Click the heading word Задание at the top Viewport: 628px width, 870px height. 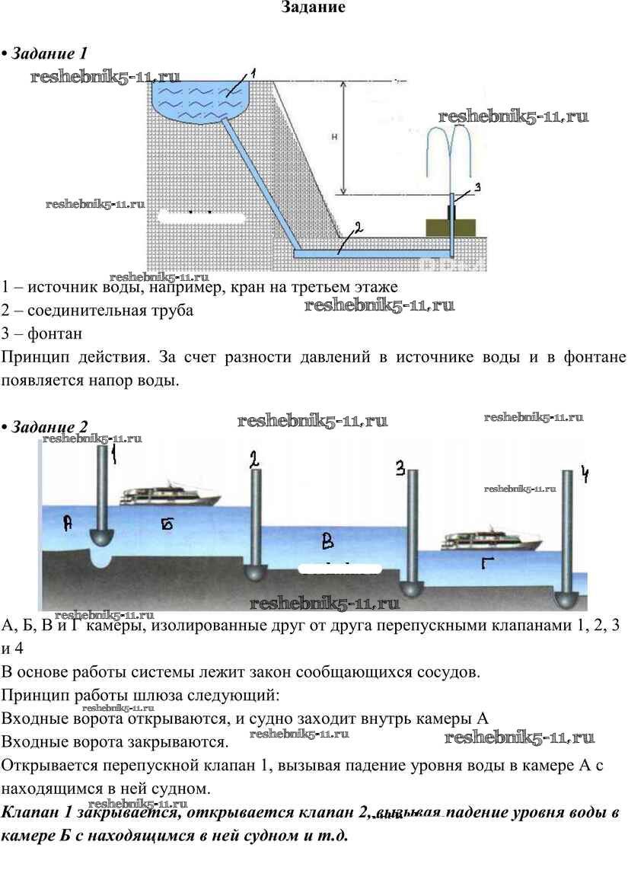pos(314,8)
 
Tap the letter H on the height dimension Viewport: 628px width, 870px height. pos(335,137)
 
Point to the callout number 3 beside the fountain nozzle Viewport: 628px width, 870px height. pos(477,186)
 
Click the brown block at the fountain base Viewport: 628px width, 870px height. pos(451,227)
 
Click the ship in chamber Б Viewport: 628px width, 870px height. pos(171,496)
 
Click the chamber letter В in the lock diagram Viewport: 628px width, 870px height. pos(327,542)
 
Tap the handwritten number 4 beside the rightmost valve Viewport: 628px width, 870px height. pos(585,475)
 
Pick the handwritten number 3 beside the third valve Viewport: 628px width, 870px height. pos(400,470)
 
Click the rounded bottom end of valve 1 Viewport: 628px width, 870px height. pos(103,537)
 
